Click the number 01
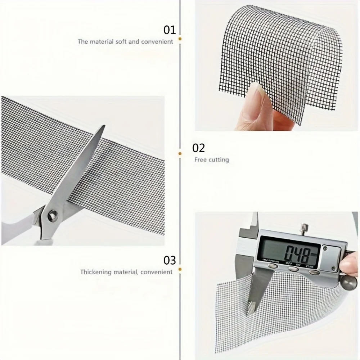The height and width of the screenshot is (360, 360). point(170,30)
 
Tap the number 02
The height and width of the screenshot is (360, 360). point(199,148)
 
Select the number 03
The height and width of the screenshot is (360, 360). point(170,260)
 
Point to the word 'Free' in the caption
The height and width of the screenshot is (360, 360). point(201,160)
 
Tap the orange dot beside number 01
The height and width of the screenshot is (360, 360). point(180,38)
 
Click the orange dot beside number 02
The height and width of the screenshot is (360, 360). point(180,154)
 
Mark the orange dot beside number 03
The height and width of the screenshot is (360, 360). point(180,269)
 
